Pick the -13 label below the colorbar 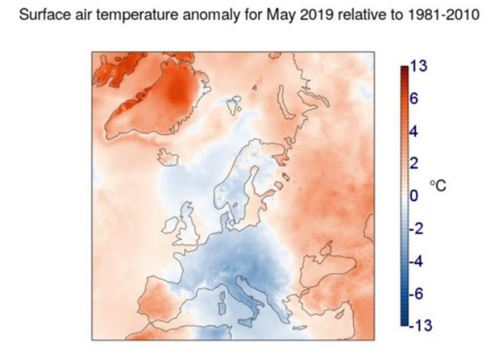[417, 327]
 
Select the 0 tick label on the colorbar [413, 195]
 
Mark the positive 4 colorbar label [414, 132]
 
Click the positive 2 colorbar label [414, 163]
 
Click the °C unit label [438, 185]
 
